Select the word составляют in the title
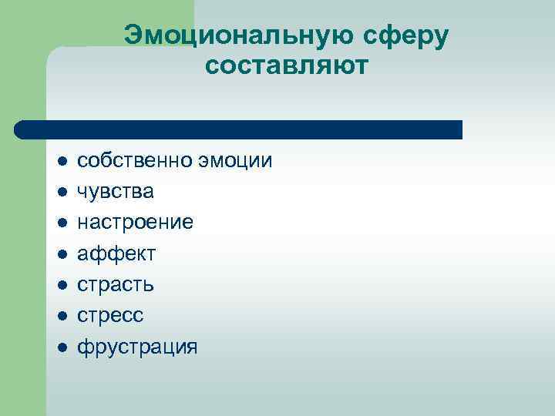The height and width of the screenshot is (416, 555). click(x=288, y=67)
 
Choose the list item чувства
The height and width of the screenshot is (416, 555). click(x=116, y=192)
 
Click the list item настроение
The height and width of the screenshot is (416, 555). click(x=135, y=223)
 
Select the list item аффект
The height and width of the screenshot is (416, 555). click(x=116, y=253)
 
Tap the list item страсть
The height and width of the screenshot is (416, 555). click(x=116, y=284)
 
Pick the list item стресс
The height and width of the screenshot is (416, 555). click(x=110, y=315)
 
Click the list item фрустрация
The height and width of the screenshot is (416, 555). click(x=137, y=346)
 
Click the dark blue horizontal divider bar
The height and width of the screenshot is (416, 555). click(x=239, y=129)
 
